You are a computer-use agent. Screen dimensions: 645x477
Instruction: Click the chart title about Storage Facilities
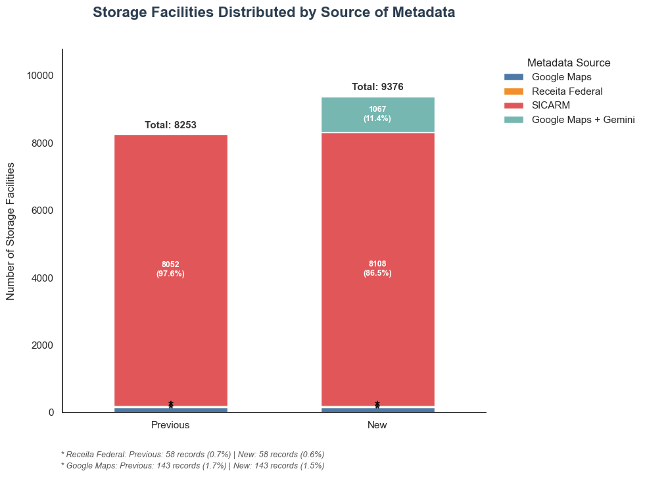coord(274,13)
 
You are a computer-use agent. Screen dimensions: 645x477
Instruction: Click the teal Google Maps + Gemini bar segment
coord(377,115)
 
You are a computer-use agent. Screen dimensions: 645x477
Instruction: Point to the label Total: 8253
coord(170,125)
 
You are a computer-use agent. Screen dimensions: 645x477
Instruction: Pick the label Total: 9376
coord(377,87)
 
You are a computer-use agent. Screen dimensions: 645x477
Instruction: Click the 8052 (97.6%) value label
coord(170,268)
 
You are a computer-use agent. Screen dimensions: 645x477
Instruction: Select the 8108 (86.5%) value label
coord(377,268)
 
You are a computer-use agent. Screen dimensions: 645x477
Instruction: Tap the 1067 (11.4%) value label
coord(377,114)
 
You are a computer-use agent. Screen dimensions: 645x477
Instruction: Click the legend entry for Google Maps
coord(548,77)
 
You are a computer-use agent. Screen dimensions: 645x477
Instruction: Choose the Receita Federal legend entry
coord(553,91)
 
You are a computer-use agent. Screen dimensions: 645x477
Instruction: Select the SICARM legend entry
coord(537,105)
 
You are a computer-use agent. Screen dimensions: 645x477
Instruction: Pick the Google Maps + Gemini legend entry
coord(569,120)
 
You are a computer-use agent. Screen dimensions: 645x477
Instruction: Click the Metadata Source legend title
coord(569,63)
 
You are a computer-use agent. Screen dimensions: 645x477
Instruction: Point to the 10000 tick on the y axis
coord(40,76)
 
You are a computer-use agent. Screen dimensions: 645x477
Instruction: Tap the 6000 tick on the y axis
coord(43,211)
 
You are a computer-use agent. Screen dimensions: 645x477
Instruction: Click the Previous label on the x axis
coord(170,425)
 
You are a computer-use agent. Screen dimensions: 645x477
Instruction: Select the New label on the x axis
coord(377,425)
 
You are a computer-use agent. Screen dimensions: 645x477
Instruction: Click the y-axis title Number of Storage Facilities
coord(11,232)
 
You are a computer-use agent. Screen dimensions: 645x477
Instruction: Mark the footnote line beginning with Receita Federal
coord(193,455)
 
